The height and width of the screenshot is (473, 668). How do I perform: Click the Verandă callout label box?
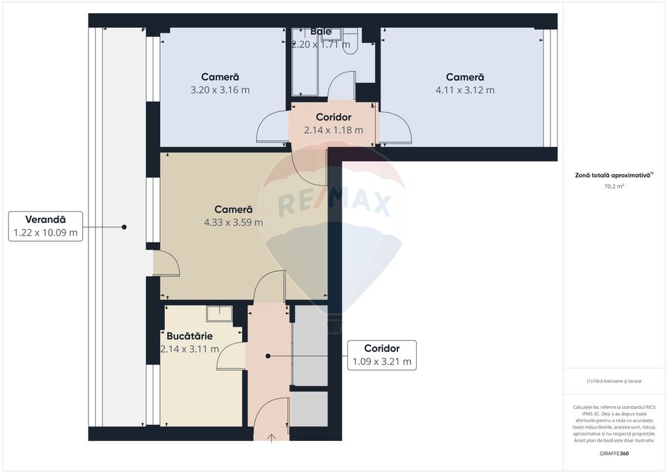[x=45, y=226]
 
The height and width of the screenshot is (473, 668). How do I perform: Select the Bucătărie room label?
[x=189, y=336]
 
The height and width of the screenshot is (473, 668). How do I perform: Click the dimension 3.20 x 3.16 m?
[x=220, y=90]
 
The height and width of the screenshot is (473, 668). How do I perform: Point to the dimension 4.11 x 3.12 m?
[x=465, y=90]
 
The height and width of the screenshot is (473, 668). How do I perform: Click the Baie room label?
[x=321, y=31]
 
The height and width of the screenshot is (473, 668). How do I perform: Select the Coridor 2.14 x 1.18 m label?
[x=333, y=123]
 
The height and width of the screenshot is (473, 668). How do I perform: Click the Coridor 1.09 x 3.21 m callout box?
[x=382, y=355]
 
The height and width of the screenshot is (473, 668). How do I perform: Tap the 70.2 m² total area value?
[x=612, y=186]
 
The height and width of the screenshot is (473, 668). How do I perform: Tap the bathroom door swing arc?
[x=341, y=85]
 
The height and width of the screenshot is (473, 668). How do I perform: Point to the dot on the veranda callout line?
[x=125, y=226]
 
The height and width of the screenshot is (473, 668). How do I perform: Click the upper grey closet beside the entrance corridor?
[x=310, y=344]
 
